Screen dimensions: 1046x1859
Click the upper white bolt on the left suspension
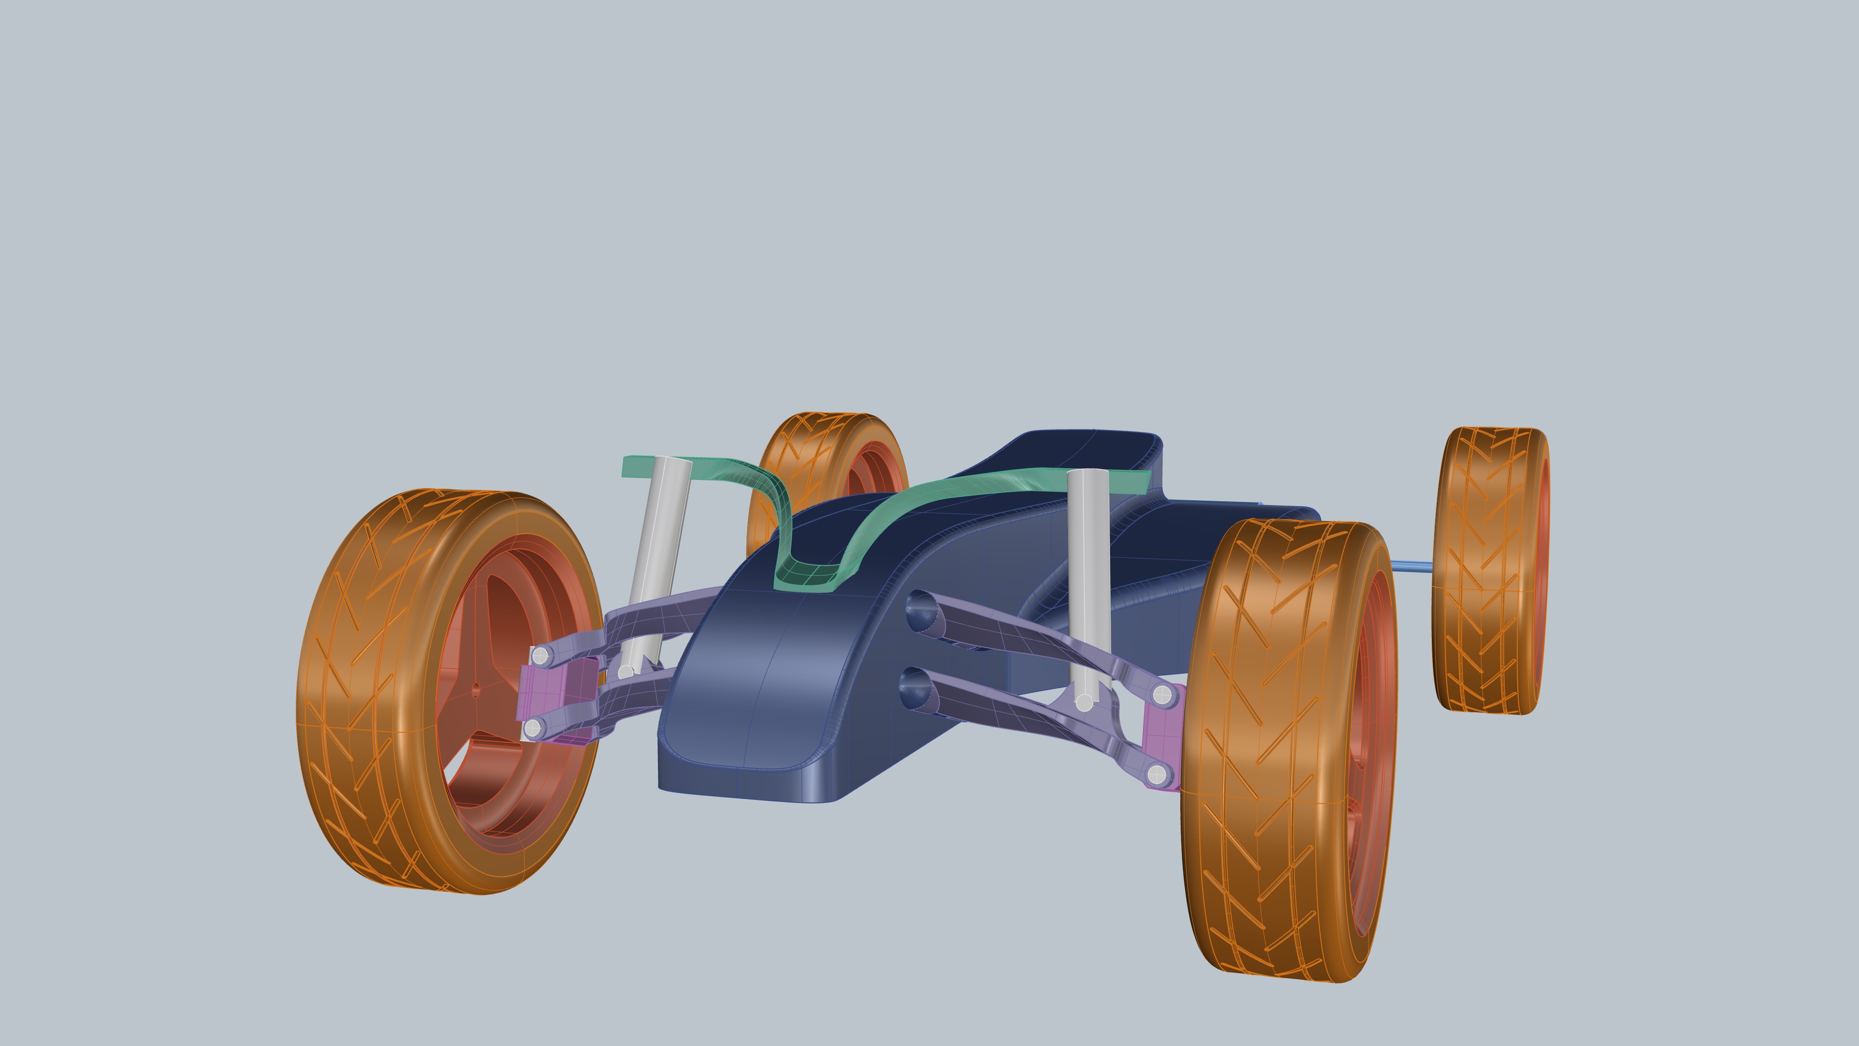(x=540, y=656)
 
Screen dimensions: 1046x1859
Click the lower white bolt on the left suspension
(x=533, y=729)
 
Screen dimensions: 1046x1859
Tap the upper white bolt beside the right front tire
(x=1161, y=695)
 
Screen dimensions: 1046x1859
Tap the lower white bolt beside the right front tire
(x=1157, y=775)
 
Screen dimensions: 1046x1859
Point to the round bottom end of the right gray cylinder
(x=1084, y=702)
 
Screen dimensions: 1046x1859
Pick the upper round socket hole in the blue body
(x=920, y=609)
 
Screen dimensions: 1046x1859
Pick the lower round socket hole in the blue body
(x=914, y=686)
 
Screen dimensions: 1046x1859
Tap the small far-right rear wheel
(x=1490, y=570)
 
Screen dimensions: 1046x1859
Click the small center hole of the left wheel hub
(x=475, y=690)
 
